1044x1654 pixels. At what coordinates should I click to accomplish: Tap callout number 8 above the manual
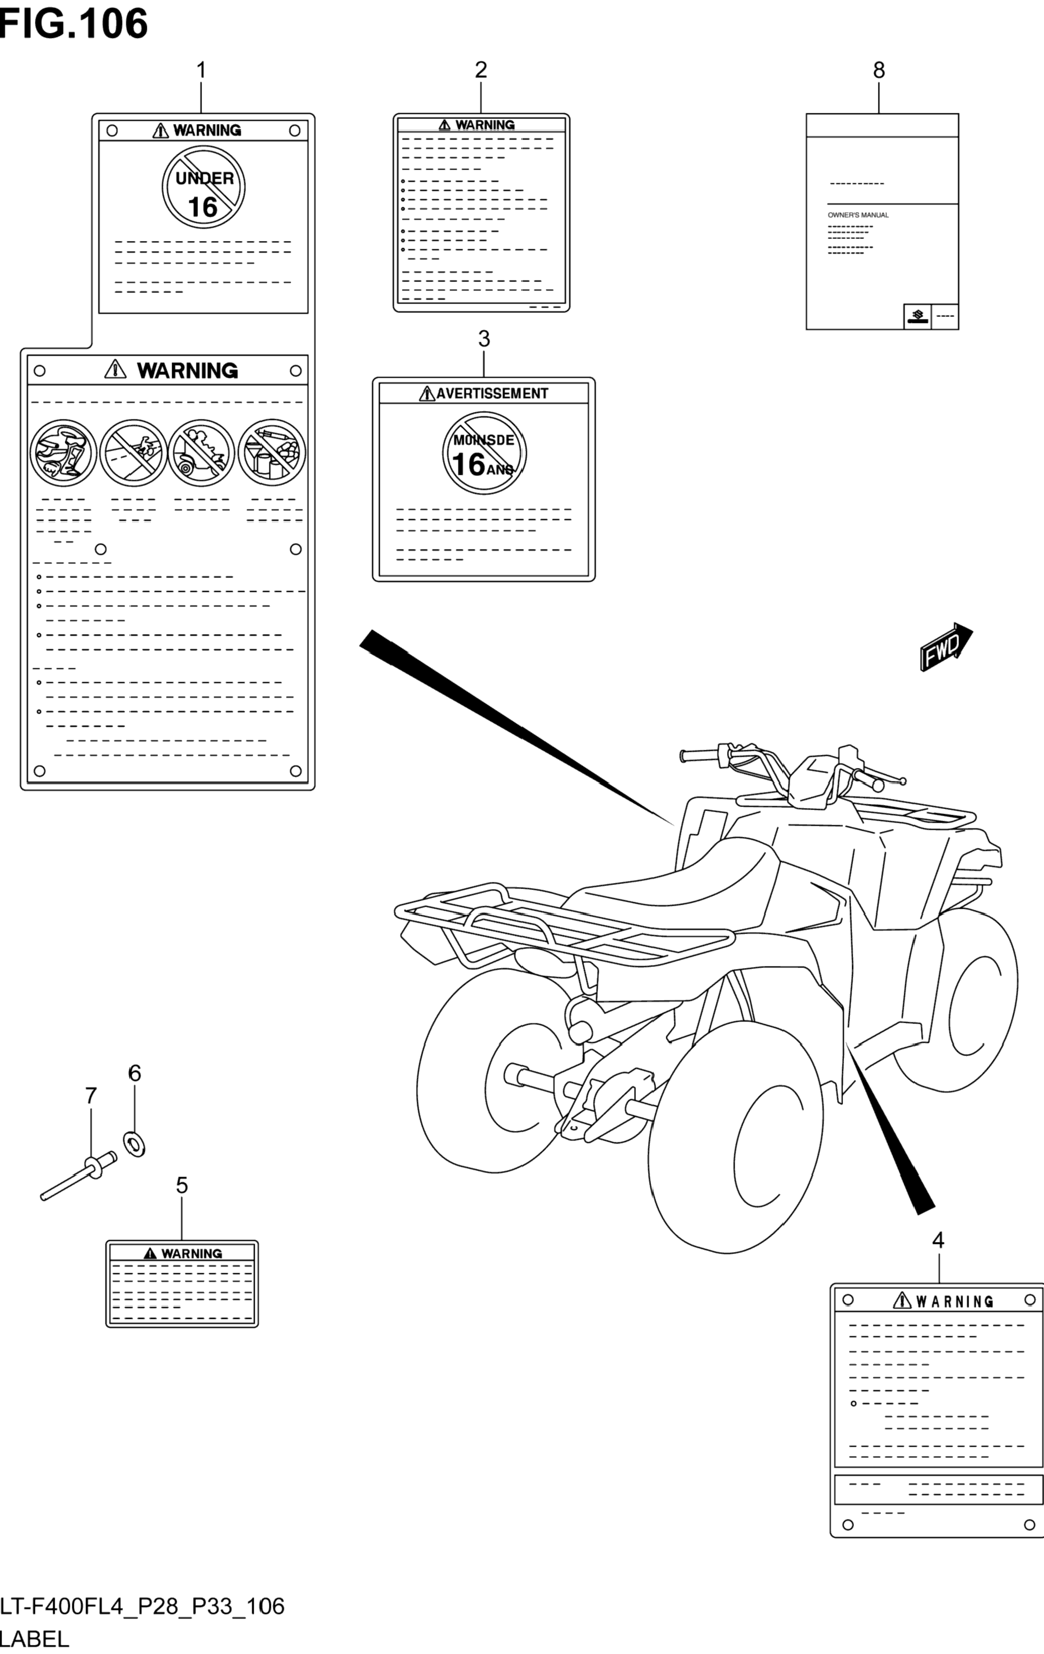pos(878,70)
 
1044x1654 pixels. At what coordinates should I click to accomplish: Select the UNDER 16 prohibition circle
pos(204,187)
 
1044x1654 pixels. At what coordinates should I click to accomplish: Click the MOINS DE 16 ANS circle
pos(484,453)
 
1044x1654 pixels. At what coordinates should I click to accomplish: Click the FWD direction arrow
pos(946,647)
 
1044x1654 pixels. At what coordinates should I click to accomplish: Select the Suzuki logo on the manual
pos(917,316)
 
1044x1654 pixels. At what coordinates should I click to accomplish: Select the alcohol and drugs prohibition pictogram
pos(272,453)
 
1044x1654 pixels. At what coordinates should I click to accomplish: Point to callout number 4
pos(938,1240)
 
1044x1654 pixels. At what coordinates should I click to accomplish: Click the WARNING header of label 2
pos(484,125)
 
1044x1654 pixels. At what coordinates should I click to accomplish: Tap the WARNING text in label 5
pos(191,1254)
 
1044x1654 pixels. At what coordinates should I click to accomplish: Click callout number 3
pos(484,339)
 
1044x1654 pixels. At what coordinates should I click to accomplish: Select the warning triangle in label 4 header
pos(902,1300)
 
